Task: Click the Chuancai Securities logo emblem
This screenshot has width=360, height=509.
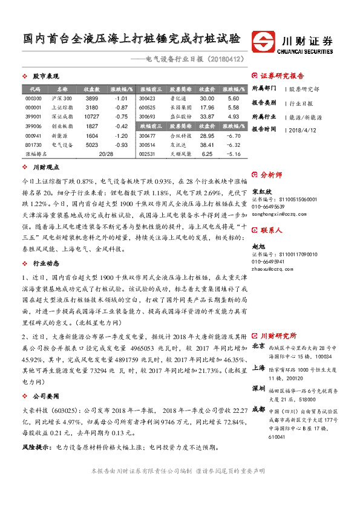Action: tap(263, 41)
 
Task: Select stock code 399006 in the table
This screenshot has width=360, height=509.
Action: tap(34, 126)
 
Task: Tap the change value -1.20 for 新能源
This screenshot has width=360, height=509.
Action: tap(120, 136)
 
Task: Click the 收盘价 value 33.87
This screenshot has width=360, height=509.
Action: tap(207, 116)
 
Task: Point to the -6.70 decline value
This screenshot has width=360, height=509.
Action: tap(234, 136)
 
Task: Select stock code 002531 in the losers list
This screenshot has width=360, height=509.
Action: tap(147, 154)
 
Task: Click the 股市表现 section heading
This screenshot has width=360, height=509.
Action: tap(45, 77)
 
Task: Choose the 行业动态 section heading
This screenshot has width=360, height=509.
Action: tap(45, 264)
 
